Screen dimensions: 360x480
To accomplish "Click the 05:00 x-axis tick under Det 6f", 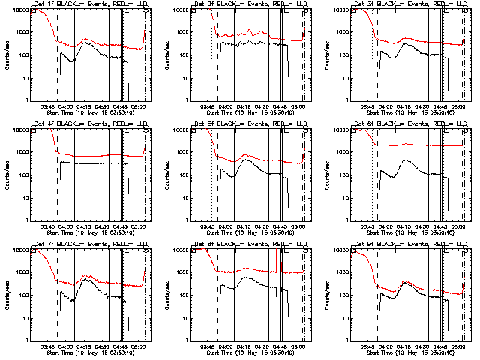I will point(458,226).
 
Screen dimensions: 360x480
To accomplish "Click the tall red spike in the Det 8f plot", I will point(277,255).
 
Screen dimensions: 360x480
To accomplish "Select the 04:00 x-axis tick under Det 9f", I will point(385,346).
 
